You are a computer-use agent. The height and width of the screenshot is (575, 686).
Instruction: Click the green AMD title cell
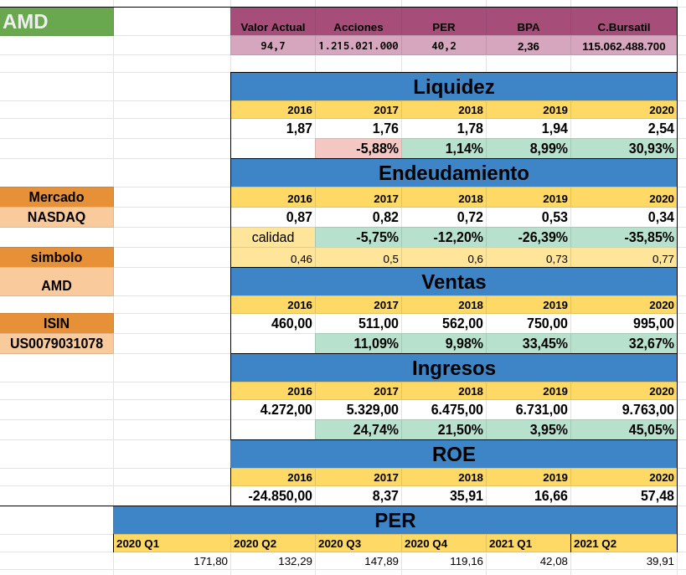[56, 22]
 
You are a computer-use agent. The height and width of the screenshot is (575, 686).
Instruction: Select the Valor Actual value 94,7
[273, 46]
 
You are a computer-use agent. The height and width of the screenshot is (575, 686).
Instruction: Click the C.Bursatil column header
[623, 27]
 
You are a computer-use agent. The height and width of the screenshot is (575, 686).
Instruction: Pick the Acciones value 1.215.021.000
[358, 46]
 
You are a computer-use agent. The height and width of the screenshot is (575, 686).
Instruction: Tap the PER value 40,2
[444, 46]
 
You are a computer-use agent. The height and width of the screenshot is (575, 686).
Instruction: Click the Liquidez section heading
[453, 87]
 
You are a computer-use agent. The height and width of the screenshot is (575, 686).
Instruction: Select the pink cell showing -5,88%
[358, 148]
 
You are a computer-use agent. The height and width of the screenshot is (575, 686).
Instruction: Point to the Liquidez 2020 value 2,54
[623, 128]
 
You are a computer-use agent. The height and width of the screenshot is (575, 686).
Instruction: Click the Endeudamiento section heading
[453, 173]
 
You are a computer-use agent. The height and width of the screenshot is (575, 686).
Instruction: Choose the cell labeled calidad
[273, 237]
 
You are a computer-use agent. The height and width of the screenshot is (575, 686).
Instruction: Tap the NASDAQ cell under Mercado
[56, 217]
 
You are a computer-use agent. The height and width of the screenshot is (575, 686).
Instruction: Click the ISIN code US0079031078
[56, 343]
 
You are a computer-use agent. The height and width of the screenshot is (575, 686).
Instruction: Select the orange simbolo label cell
[56, 257]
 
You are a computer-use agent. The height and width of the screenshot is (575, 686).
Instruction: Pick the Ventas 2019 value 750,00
[528, 323]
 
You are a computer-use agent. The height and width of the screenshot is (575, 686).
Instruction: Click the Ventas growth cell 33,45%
[528, 343]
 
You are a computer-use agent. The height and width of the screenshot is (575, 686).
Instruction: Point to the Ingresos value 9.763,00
[623, 409]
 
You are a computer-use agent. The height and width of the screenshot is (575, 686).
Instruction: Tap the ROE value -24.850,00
[273, 495]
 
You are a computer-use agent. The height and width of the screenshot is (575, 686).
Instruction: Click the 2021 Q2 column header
[623, 543]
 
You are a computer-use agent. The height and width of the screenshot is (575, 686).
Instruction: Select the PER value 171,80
[172, 561]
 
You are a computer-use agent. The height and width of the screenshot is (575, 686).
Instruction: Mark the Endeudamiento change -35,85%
[623, 237]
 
